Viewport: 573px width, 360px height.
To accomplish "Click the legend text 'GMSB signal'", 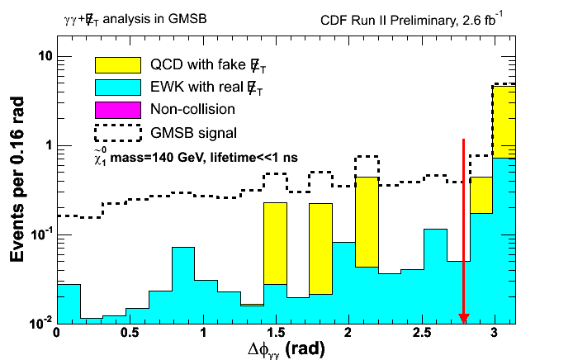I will (193, 132).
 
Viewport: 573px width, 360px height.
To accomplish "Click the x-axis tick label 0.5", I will (129, 334).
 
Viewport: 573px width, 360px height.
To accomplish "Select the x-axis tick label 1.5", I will (276, 334).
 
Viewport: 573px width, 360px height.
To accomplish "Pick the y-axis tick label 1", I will (43, 145).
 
